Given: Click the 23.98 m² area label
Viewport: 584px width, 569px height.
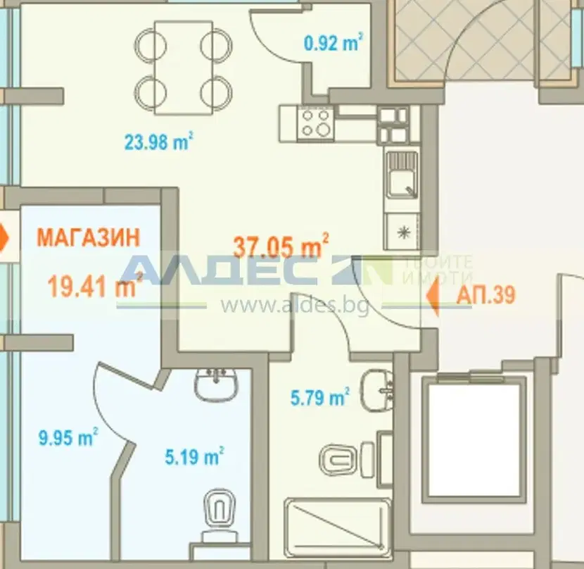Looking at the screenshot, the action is coord(158,142).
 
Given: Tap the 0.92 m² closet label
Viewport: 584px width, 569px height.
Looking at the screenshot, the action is coord(334,42).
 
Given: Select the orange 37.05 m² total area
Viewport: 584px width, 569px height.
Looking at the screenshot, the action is coord(281,246).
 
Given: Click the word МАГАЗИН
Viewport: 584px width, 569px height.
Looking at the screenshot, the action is coord(89,237).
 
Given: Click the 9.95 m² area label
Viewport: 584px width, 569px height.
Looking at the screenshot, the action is coord(68,437).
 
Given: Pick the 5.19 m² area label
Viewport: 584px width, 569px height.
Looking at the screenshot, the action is coord(194,456).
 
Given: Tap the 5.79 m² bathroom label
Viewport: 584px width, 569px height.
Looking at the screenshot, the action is coord(320,396).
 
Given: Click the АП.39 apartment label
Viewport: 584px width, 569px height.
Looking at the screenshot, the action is coord(486,294).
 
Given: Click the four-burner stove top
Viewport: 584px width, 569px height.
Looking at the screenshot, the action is coord(316,123).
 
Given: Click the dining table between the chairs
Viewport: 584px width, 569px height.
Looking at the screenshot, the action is coord(183,68).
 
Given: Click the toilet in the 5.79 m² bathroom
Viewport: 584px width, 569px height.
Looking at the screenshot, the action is coord(347,459).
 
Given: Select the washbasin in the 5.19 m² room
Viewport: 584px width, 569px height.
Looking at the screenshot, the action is coord(215,384).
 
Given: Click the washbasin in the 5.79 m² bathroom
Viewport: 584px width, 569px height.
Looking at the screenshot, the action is coord(377,390).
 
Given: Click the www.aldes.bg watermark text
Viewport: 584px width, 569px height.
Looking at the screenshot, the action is coord(295,306).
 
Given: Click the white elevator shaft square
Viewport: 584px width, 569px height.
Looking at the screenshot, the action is coord(474,440).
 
